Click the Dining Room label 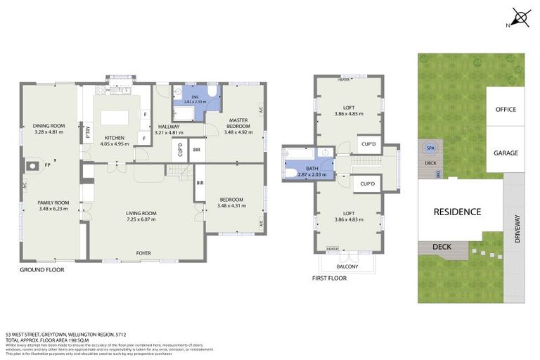(49, 126)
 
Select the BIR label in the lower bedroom (200, 183)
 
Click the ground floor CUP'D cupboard (179, 149)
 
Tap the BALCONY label (347, 266)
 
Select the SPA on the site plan (428, 148)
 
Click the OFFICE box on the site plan (505, 109)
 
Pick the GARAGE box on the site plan (505, 153)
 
